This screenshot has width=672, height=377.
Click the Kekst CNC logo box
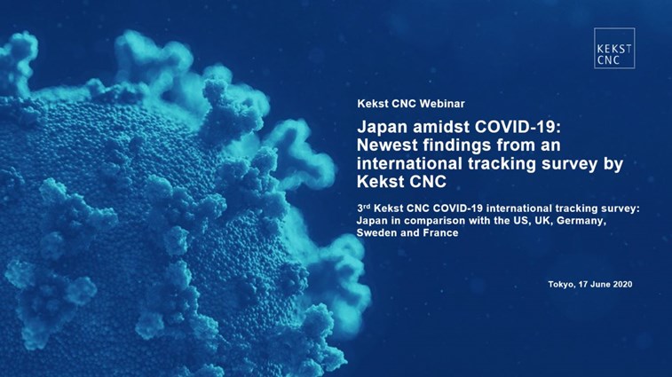(614, 48)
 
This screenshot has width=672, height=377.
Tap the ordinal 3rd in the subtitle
(363, 208)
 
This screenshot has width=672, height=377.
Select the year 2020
(622, 285)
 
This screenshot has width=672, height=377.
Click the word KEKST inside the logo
(614, 49)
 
